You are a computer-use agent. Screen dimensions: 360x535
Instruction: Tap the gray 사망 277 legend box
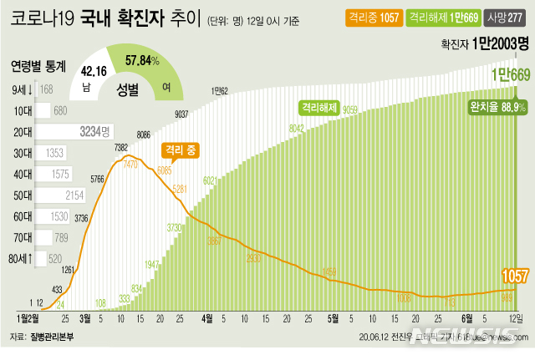[507, 17]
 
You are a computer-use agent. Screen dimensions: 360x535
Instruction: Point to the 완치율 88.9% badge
[497, 108]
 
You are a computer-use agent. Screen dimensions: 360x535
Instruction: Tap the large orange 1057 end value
[513, 276]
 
